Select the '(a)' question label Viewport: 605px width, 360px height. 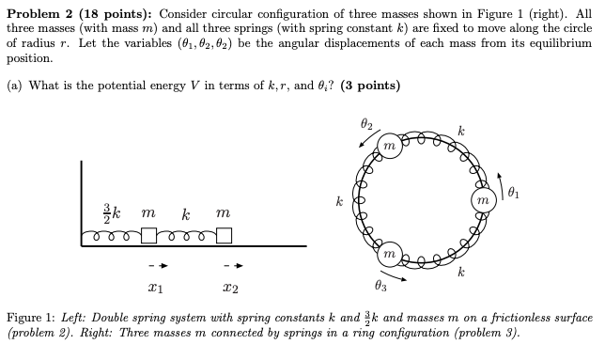click(16, 86)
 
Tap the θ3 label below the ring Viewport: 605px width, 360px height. click(380, 285)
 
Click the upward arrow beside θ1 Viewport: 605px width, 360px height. click(500, 180)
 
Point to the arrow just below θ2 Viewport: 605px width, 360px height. click(364, 140)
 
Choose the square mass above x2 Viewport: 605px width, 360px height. click(224, 236)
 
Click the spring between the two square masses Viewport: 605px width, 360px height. click(186, 237)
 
